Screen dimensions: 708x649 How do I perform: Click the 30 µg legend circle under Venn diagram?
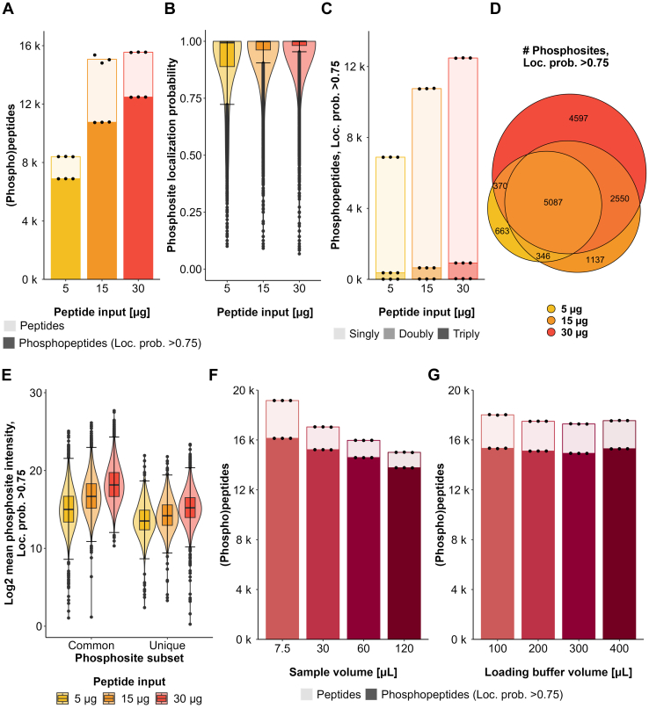(527, 332)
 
